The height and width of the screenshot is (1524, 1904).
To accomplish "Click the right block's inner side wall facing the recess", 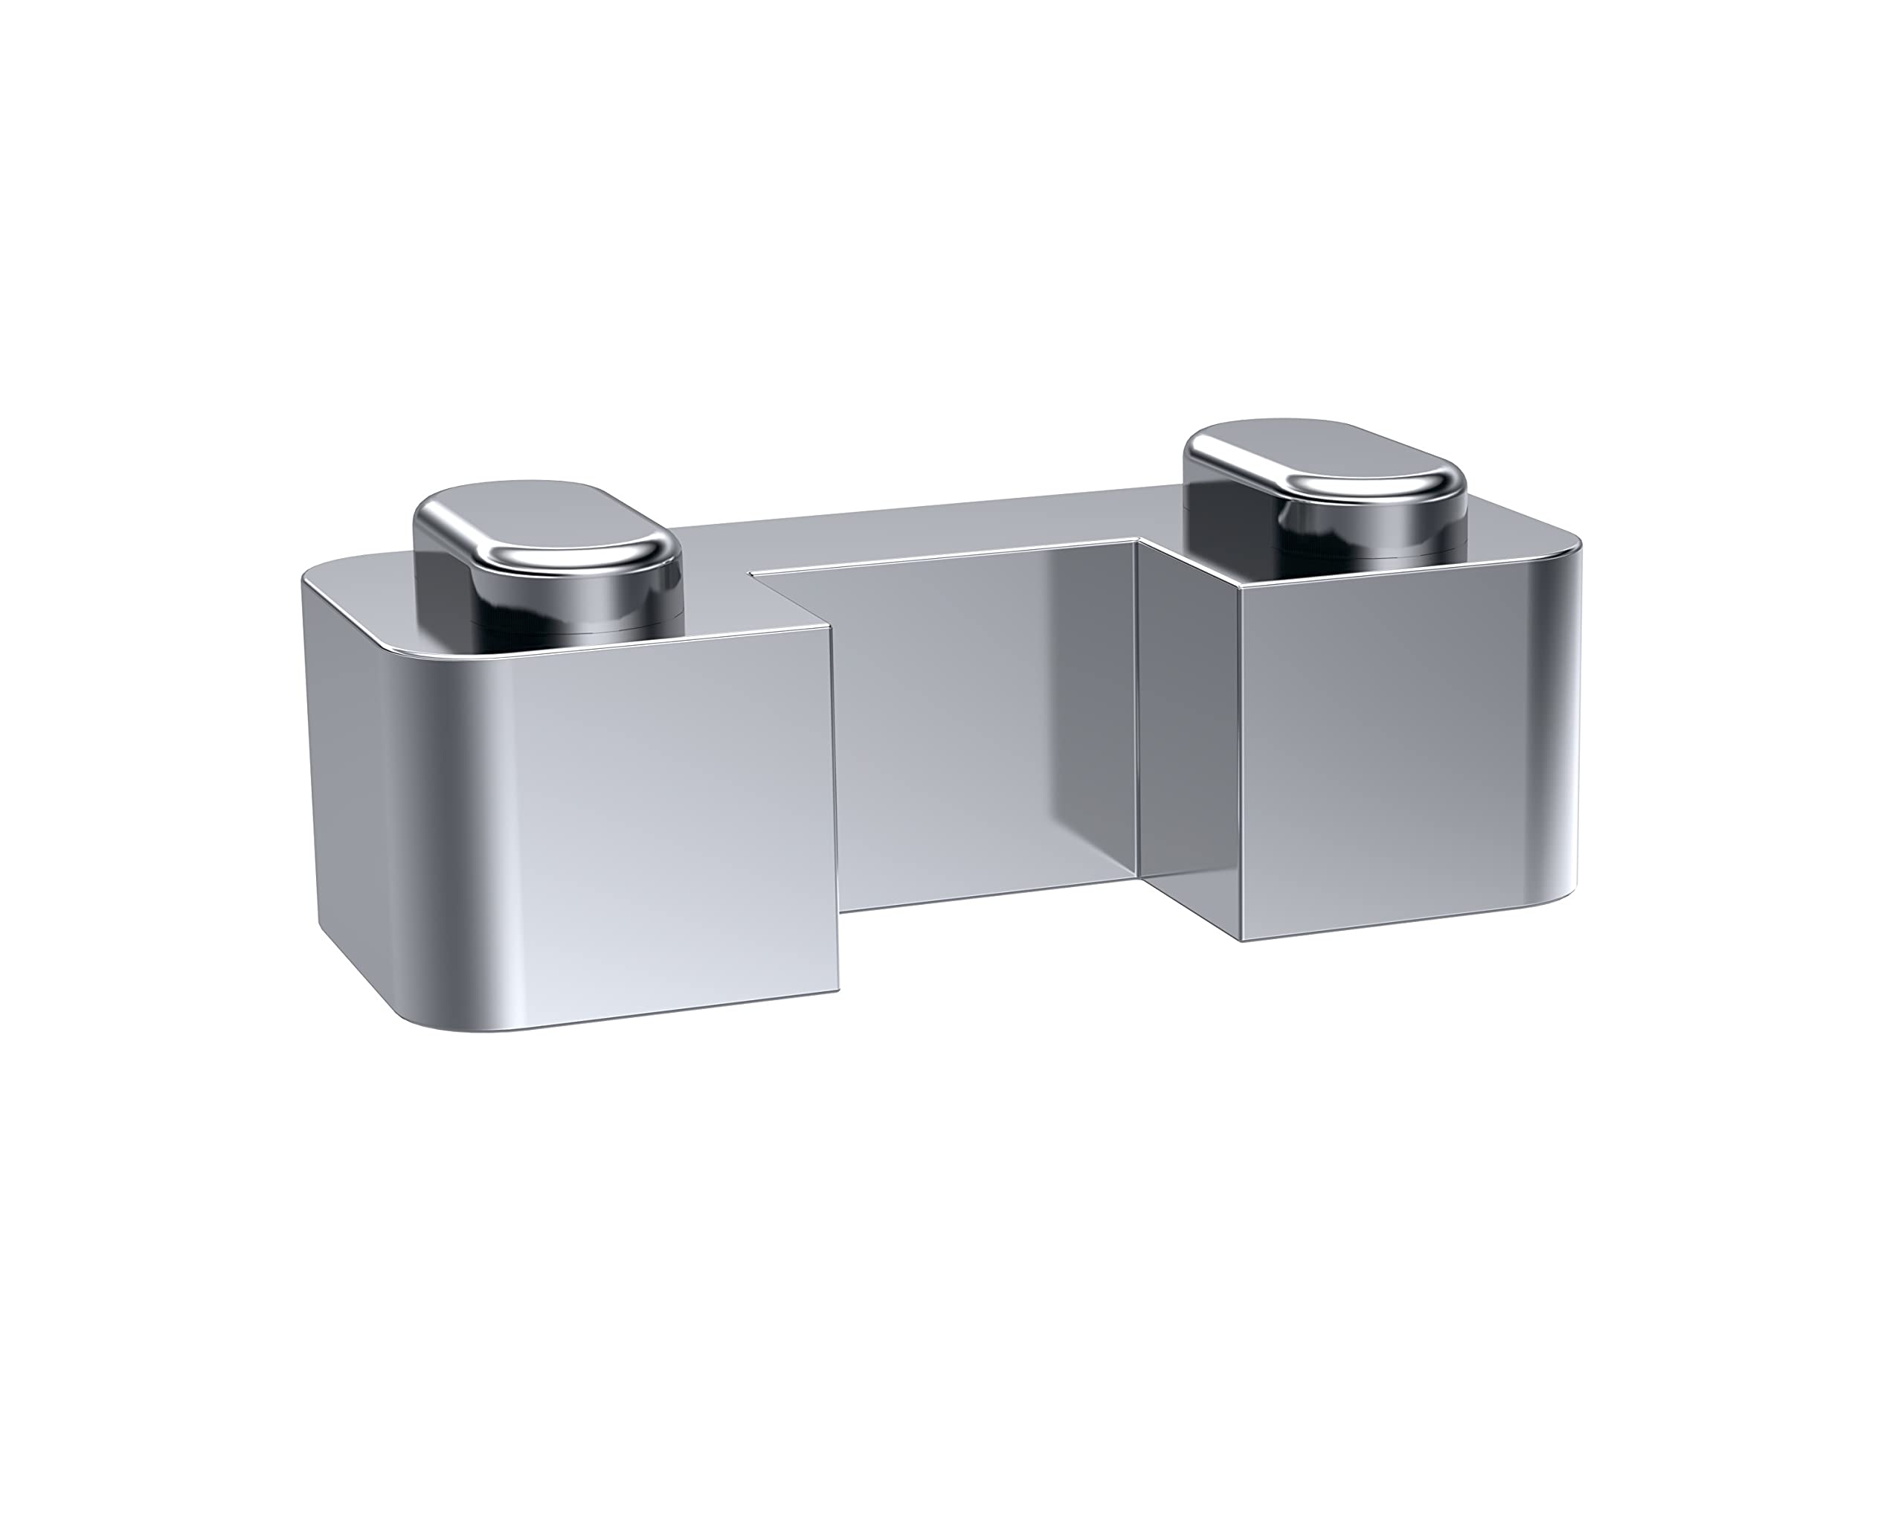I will (x=1188, y=733).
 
